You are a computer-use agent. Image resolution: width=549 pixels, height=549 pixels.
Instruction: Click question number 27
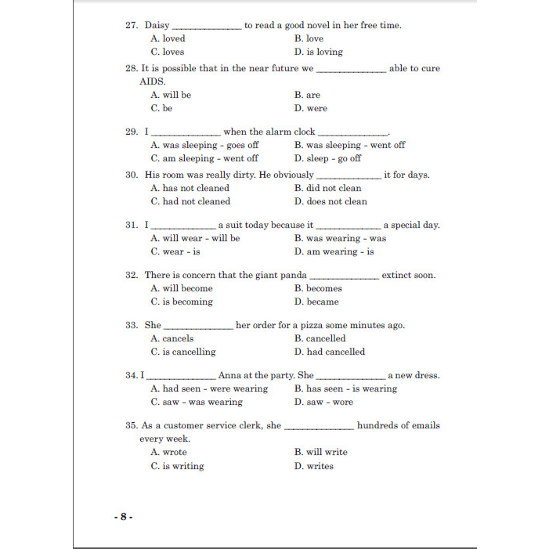(x=132, y=25)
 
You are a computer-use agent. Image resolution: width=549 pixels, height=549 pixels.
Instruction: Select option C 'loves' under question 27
(x=168, y=52)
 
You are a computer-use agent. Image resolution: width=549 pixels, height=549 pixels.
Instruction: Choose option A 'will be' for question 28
(x=171, y=95)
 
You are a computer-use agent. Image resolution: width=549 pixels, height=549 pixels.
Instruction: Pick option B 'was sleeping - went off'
(x=349, y=145)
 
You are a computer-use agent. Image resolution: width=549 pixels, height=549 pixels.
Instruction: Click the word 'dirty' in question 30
(x=243, y=175)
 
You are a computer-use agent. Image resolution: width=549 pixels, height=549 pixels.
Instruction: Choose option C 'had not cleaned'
(x=190, y=201)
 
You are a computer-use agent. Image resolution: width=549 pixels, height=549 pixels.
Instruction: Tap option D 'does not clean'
(x=330, y=201)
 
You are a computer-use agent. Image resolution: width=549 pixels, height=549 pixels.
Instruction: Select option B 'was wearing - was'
(x=340, y=238)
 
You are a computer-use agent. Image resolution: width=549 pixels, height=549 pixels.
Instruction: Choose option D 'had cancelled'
(x=330, y=352)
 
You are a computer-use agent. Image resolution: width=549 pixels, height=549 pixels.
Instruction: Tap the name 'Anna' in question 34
(x=230, y=375)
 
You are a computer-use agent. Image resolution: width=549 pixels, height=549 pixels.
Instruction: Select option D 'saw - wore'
(x=323, y=402)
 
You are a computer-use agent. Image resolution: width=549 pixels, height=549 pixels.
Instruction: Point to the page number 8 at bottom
(x=123, y=517)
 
